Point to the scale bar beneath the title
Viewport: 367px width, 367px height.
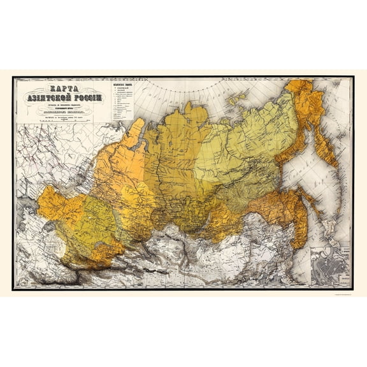click(x=63, y=119)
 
